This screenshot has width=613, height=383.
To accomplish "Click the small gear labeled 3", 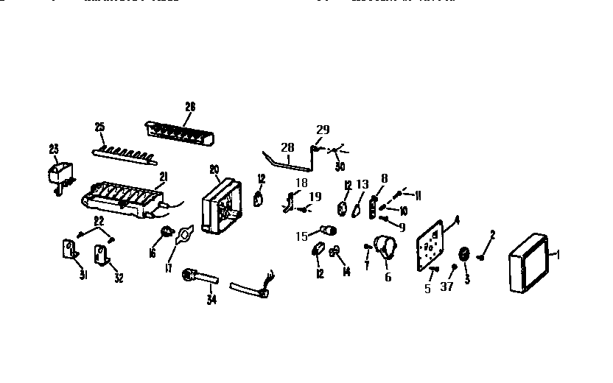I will tap(465, 255).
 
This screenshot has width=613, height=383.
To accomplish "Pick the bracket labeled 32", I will tap(101, 254).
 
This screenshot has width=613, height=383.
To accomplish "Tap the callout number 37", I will tap(447, 287).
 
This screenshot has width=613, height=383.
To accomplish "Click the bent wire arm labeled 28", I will tap(287, 160).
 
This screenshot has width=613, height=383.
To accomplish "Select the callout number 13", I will tap(362, 184).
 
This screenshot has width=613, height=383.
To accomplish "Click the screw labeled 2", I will tap(482, 257).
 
